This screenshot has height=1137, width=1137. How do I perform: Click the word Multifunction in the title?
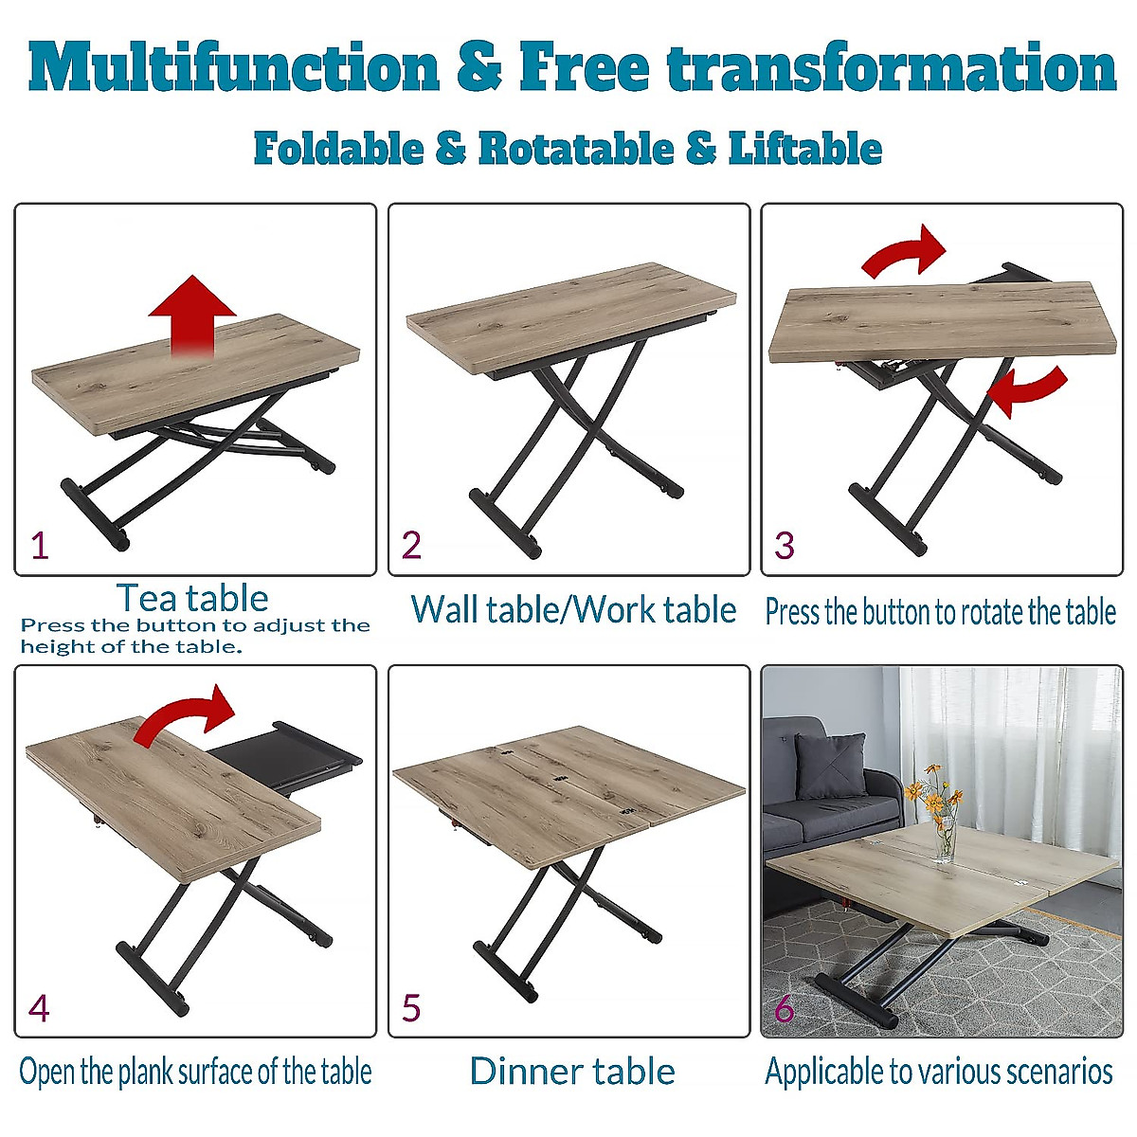click(x=234, y=68)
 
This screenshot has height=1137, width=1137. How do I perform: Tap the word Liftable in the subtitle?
click(x=805, y=149)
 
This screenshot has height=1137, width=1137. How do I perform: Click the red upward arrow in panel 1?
click(x=192, y=313)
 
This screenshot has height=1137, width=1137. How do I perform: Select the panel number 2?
click(x=411, y=546)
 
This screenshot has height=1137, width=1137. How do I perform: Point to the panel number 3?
click(x=785, y=546)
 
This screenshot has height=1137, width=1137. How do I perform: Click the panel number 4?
click(x=39, y=1008)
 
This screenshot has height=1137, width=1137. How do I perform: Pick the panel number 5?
click(x=411, y=1008)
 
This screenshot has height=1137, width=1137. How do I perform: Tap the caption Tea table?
click(x=192, y=598)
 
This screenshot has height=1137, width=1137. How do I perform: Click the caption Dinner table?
click(x=572, y=1071)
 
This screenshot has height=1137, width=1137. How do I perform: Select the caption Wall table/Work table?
click(x=573, y=609)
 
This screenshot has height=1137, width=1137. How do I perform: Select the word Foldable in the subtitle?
click(x=338, y=149)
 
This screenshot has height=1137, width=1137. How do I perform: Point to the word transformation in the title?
click(x=891, y=68)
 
